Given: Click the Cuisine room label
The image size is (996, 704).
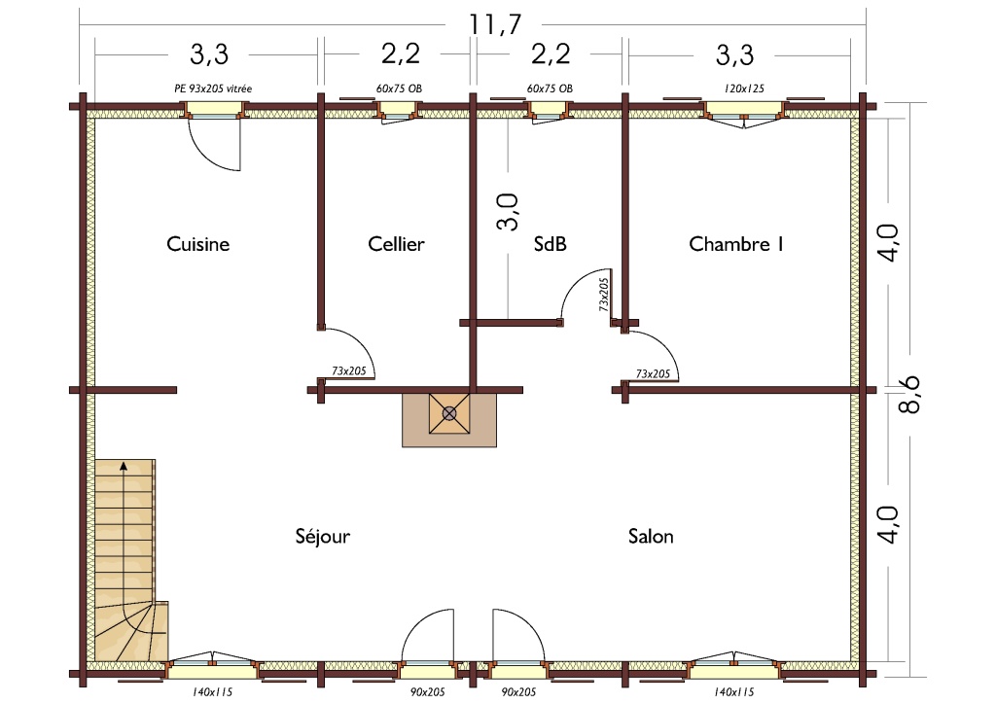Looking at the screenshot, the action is pyautogui.click(x=197, y=244).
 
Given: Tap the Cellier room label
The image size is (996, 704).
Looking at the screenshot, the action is pyautogui.click(x=396, y=244).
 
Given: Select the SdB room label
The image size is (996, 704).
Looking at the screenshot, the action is pyautogui.click(x=551, y=244).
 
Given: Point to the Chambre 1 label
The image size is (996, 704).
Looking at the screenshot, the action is pyautogui.click(x=736, y=244).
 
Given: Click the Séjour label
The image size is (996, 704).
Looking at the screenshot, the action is pyautogui.click(x=323, y=536).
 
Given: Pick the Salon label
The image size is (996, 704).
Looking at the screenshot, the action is pyautogui.click(x=651, y=537).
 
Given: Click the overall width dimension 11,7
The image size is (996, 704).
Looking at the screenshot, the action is pyautogui.click(x=495, y=24).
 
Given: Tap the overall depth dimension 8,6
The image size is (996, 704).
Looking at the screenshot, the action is pyautogui.click(x=909, y=394).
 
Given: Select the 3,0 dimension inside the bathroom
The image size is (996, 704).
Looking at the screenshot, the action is pyautogui.click(x=508, y=212).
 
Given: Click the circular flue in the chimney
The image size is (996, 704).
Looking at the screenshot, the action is pyautogui.click(x=449, y=414).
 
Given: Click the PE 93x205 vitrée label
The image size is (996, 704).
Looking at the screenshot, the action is pyautogui.click(x=213, y=88).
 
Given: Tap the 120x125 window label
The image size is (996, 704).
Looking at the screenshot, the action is pyautogui.click(x=744, y=88).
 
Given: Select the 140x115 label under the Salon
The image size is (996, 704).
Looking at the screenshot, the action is pyautogui.click(x=734, y=692).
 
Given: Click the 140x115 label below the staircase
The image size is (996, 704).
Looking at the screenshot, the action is pyautogui.click(x=212, y=692).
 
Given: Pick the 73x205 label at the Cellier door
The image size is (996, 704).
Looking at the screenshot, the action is pyautogui.click(x=349, y=370).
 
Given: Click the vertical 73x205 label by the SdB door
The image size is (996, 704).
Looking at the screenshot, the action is pyautogui.click(x=603, y=294).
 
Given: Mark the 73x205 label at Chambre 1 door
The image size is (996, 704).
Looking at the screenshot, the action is pyautogui.click(x=653, y=374).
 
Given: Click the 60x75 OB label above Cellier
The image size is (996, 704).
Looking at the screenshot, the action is pyautogui.click(x=399, y=88).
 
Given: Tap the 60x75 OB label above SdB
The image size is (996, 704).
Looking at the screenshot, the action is pyautogui.click(x=550, y=88).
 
